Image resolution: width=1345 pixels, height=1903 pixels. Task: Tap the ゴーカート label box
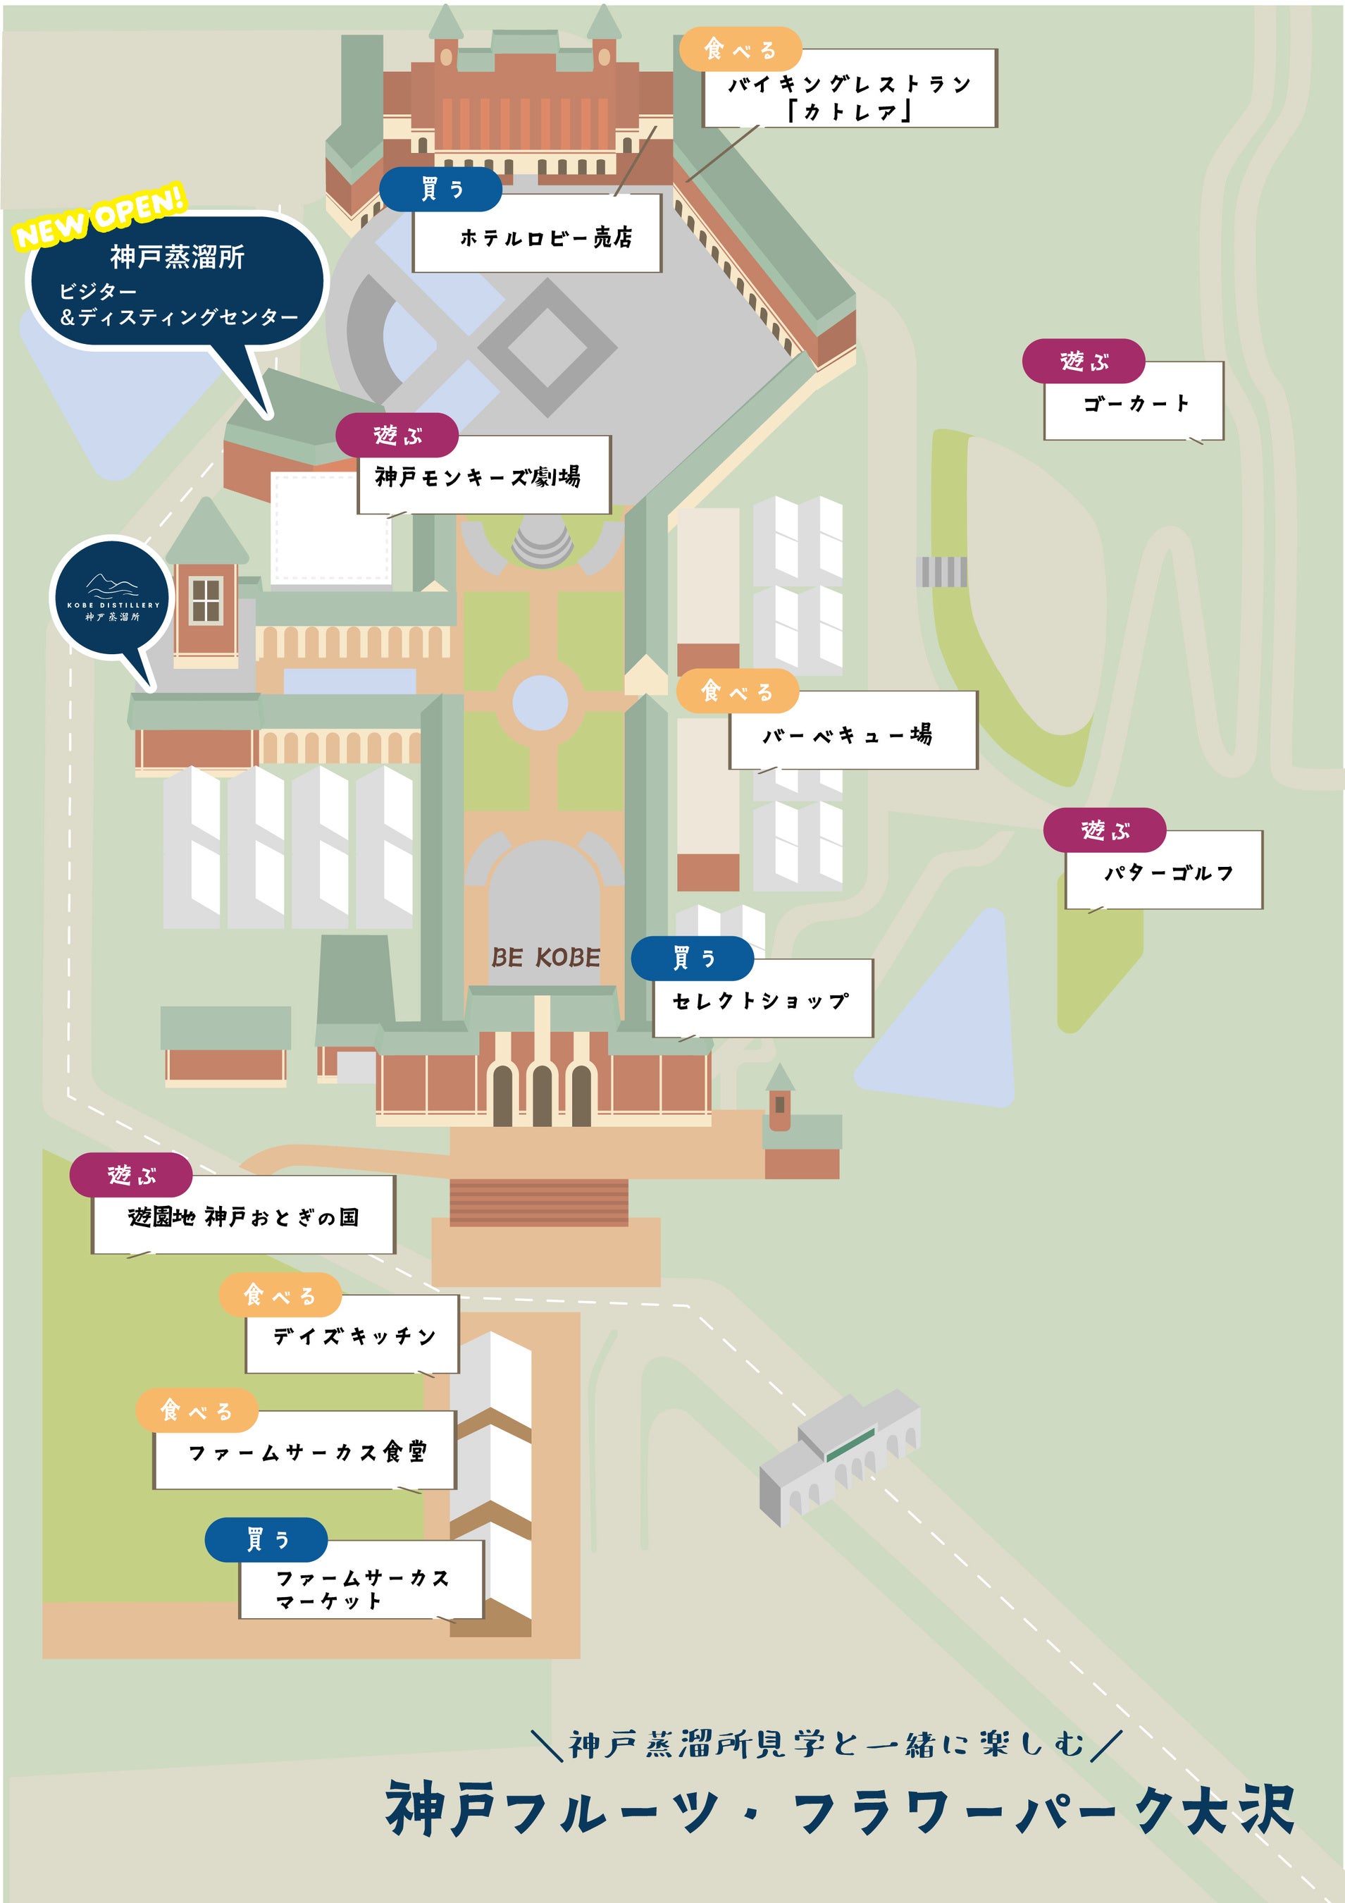click(1134, 403)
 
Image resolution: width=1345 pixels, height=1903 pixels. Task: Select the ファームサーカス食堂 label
click(305, 1451)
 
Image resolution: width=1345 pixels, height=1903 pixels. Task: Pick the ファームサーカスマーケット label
click(361, 1588)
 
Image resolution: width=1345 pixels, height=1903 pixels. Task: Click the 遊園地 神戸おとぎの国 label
click(244, 1217)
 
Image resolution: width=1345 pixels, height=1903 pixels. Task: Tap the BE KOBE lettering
click(545, 957)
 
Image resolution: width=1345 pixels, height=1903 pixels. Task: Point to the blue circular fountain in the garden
click(540, 702)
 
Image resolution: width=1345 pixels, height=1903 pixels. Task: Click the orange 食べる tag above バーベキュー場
click(737, 691)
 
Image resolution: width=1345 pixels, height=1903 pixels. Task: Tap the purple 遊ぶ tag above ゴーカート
click(1083, 362)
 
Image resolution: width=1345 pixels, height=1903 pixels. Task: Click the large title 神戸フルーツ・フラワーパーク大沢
click(840, 1811)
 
